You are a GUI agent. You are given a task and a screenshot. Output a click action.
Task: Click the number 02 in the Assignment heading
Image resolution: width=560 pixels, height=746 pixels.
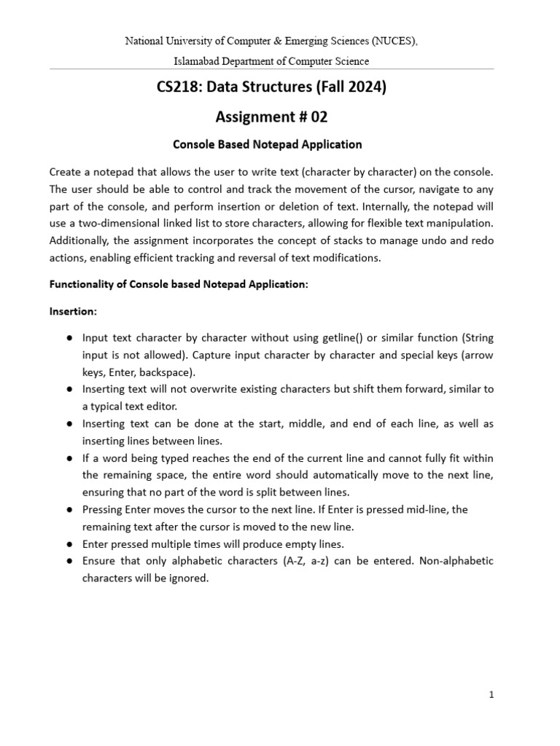click(x=318, y=116)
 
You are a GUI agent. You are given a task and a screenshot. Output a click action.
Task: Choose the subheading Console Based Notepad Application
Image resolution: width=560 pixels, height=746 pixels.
click(x=267, y=144)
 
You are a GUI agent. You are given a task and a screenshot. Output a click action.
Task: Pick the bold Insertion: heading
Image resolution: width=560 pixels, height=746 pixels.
click(x=73, y=311)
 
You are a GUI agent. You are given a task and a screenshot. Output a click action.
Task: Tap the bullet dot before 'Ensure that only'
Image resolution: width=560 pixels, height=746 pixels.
click(x=68, y=561)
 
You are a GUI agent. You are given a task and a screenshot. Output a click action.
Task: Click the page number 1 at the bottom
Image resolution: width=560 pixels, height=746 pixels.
click(x=491, y=695)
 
